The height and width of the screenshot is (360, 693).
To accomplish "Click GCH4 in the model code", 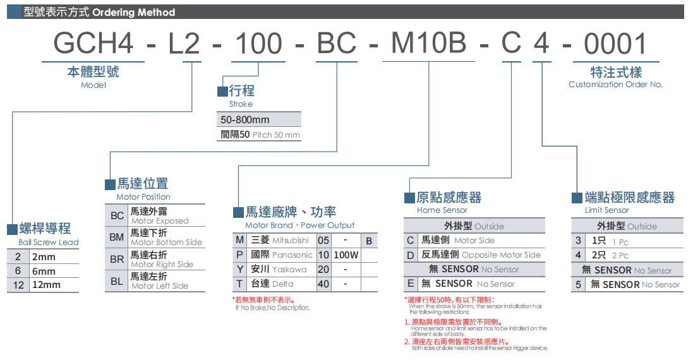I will tap(93, 44).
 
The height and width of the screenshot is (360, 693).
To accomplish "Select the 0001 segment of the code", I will tap(615, 44).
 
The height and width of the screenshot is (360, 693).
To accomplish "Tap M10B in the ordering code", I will tap(429, 44).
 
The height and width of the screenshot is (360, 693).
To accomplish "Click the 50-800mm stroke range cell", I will tap(245, 120).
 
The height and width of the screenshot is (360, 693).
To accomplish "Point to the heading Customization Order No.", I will tap(615, 85).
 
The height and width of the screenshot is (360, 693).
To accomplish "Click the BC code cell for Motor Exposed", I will tap(117, 216).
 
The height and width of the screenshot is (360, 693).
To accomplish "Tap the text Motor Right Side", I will tap(162, 265).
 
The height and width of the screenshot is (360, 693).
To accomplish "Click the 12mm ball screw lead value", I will tap(46, 285).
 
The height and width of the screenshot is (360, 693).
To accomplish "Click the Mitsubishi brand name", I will tap(291, 241).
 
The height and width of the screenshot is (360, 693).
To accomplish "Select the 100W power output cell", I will tap(346, 255).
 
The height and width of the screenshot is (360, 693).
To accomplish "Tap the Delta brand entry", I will tap(282, 284).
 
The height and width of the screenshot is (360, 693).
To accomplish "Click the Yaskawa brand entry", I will tap(289, 270).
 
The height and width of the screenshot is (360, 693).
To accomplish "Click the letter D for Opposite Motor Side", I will tap(411, 255).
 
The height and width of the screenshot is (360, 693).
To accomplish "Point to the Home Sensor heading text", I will tap(442, 210).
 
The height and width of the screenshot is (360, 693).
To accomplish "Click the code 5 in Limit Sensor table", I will tap(578, 285).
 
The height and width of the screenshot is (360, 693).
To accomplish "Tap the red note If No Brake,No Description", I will tap(272, 308).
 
